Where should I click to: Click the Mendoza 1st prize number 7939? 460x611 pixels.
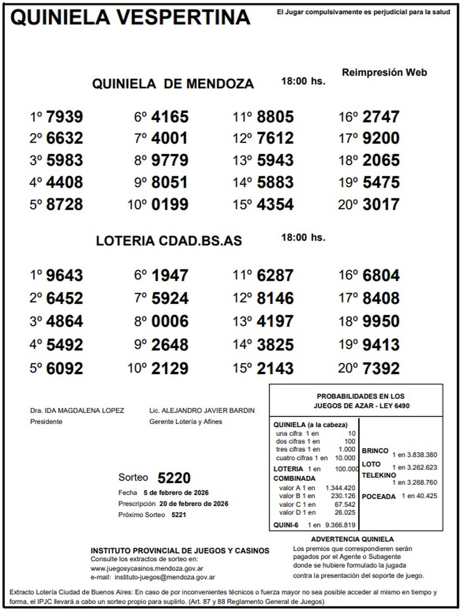coord(64,117)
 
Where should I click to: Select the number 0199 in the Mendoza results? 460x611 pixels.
coord(170,204)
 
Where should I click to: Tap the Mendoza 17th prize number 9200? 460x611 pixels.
coord(381,138)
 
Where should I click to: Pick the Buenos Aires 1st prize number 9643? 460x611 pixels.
coord(64,275)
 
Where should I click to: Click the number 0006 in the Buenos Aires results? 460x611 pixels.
coord(170,321)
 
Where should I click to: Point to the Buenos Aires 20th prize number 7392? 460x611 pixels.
coord(381,369)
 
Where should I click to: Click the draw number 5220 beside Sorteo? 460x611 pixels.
coord(174,478)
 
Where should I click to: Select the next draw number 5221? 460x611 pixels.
coord(178,515)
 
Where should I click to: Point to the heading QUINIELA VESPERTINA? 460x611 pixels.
coord(130,17)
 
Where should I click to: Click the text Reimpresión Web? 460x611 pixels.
coord(384,72)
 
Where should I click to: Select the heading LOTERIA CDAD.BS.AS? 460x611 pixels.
coord(169,241)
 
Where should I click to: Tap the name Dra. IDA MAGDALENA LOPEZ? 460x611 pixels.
coord(77,410)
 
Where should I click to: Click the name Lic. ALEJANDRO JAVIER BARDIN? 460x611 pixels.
coord(202,410)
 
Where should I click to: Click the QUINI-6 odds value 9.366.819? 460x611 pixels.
coord(340,525)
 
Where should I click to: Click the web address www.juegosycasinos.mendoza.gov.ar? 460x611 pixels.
coord(147,568)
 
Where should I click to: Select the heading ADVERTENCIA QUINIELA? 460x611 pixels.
coord(352,539)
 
